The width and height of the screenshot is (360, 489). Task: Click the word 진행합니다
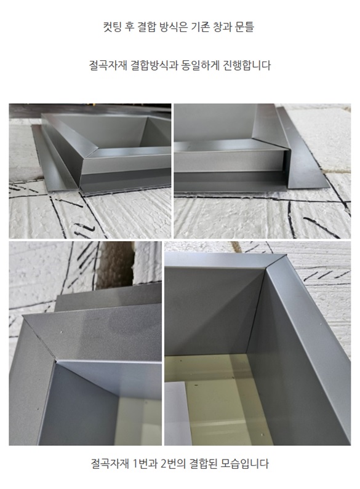point(246,65)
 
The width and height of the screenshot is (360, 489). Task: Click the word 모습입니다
point(245,463)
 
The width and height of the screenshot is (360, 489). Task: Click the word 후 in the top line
point(129,27)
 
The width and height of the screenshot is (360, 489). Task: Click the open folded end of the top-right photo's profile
point(286,169)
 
